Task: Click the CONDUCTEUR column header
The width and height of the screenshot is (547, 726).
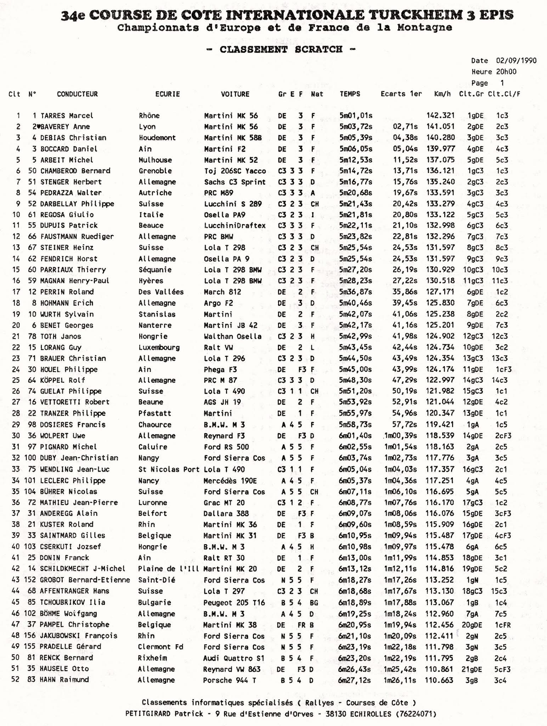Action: click(x=77, y=94)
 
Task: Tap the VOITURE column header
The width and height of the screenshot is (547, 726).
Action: click(x=235, y=94)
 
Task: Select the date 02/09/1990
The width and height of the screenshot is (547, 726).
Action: click(x=516, y=61)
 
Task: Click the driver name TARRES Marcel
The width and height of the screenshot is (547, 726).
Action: click(x=67, y=116)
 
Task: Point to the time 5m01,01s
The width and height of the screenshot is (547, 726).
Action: click(x=356, y=116)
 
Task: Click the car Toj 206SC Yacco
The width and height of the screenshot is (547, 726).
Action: click(x=235, y=171)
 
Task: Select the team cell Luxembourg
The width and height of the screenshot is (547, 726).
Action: click(x=159, y=347)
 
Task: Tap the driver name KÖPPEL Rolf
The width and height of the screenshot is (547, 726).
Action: click(x=63, y=380)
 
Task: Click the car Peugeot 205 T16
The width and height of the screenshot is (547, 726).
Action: click(x=234, y=602)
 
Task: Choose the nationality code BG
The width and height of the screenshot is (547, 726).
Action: click(x=314, y=602)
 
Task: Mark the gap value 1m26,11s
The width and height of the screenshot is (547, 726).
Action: click(x=400, y=680)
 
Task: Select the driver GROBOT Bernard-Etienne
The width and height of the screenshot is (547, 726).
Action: click(x=85, y=580)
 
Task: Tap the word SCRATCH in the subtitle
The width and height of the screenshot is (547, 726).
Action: click(x=318, y=49)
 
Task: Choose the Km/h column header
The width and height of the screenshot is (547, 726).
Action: click(x=442, y=94)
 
